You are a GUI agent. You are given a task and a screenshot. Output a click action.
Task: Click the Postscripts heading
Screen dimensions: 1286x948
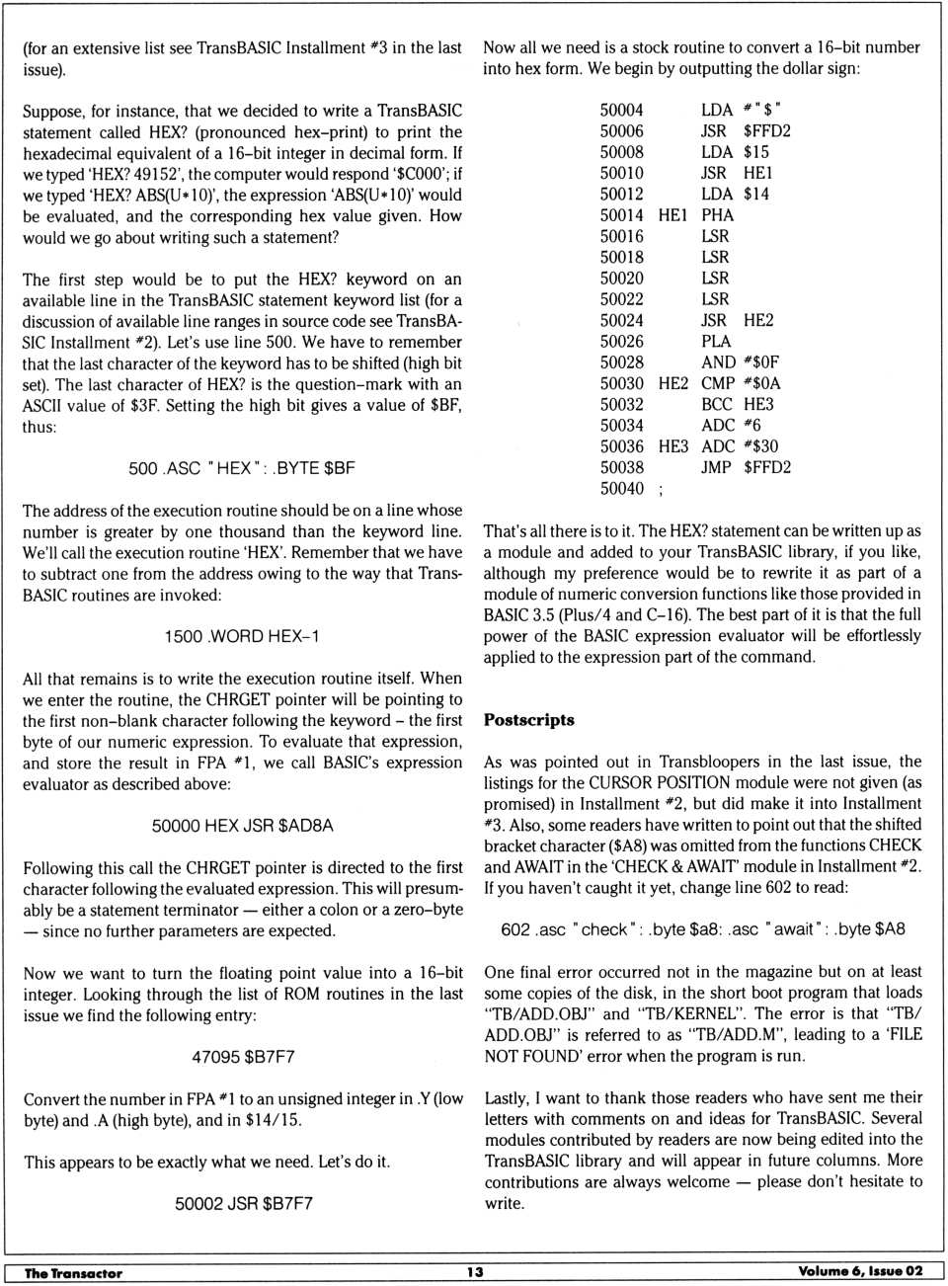click(528, 720)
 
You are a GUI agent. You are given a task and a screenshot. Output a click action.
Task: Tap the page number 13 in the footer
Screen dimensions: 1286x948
click(475, 1272)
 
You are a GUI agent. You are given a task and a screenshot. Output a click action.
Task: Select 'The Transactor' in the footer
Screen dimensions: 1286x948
click(73, 1273)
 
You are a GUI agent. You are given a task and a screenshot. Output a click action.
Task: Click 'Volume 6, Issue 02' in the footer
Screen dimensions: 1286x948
click(860, 1271)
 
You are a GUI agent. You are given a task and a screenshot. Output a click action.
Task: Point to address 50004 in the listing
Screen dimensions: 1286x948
click(621, 110)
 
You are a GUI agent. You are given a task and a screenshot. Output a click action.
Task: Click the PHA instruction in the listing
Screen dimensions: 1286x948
click(717, 215)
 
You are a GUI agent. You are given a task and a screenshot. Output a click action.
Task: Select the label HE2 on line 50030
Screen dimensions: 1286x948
click(672, 383)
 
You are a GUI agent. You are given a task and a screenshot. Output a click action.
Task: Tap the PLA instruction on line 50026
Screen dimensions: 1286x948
click(716, 341)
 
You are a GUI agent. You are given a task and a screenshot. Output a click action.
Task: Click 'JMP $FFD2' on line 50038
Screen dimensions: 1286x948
click(746, 467)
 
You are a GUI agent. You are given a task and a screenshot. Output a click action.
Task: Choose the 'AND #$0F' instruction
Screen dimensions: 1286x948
click(740, 362)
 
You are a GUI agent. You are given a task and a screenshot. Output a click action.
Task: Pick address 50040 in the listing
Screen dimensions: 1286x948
click(621, 489)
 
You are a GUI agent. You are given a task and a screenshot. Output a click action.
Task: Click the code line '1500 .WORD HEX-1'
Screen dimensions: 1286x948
click(242, 637)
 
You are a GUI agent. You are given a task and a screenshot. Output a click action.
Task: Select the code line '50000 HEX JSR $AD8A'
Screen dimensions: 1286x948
click(242, 826)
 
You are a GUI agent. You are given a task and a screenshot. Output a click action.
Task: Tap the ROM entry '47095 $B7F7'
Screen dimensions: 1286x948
click(243, 1057)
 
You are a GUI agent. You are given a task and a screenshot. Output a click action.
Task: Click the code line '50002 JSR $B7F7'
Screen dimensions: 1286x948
click(244, 1204)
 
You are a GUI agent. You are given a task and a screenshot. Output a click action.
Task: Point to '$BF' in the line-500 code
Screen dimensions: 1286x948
click(339, 468)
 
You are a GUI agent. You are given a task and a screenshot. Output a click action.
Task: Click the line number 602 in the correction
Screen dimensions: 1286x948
click(515, 929)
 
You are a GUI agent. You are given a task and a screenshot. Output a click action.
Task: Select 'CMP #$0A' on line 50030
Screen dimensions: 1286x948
click(741, 383)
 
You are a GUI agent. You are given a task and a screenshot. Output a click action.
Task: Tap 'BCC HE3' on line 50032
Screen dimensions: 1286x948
click(738, 404)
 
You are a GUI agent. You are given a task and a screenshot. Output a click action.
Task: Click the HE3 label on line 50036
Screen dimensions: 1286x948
click(672, 446)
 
